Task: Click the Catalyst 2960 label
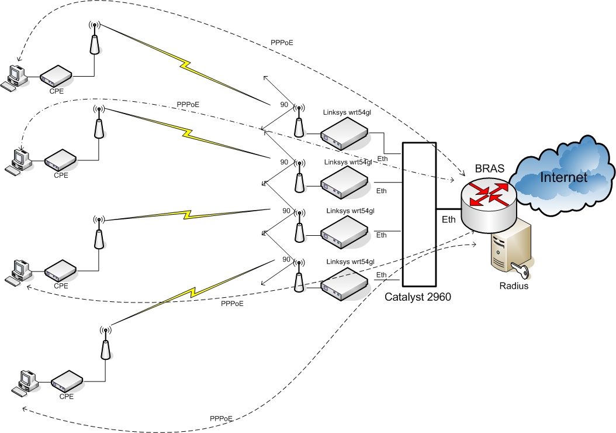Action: click(x=418, y=297)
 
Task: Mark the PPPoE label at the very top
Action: click(x=282, y=43)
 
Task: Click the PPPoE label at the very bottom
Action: click(x=221, y=419)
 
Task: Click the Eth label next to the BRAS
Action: click(x=449, y=220)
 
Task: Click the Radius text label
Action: click(x=514, y=286)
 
